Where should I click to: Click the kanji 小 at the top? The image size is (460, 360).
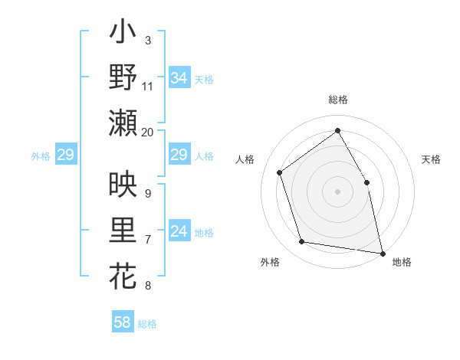click(x=123, y=34)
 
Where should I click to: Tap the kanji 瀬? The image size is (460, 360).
click(x=123, y=122)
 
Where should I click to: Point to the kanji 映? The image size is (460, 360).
click(x=123, y=186)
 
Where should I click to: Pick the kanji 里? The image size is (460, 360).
click(x=123, y=231)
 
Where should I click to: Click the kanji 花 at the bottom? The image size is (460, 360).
click(x=123, y=276)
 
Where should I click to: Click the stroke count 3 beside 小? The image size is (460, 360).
click(x=148, y=40)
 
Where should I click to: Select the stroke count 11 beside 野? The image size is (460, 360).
click(x=149, y=86)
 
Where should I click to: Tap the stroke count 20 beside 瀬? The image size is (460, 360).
click(x=148, y=132)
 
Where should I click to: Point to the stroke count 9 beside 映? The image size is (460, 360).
click(x=147, y=194)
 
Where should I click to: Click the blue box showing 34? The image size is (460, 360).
click(x=179, y=78)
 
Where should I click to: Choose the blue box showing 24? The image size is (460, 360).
click(x=179, y=232)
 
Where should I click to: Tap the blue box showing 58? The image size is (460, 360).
click(x=123, y=323)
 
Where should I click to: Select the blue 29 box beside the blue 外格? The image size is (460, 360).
click(x=65, y=155)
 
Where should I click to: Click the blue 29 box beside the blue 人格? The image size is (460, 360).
click(x=179, y=155)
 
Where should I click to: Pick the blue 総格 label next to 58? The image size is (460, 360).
click(x=148, y=324)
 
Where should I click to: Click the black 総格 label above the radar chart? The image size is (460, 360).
click(x=338, y=100)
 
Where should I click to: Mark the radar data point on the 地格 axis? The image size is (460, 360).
click(x=382, y=252)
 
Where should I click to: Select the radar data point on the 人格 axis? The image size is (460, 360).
click(x=280, y=172)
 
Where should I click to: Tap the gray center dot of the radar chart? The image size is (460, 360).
click(x=338, y=191)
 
